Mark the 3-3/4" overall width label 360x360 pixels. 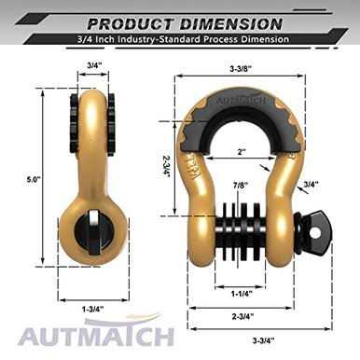tap(258, 340)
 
